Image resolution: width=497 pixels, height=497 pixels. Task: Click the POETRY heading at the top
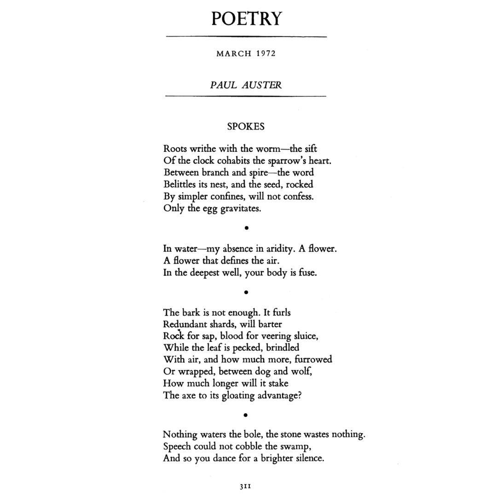[x=246, y=19]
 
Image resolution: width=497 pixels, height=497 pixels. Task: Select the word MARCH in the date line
[x=234, y=53]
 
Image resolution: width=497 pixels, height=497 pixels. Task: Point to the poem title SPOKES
[x=246, y=126]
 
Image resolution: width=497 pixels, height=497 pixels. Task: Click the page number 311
[x=245, y=485]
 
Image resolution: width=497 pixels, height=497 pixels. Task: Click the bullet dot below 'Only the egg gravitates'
[x=247, y=227]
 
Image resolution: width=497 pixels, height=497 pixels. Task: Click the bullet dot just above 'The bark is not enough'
[x=247, y=292]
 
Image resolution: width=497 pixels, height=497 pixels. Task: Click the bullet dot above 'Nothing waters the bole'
[x=246, y=415]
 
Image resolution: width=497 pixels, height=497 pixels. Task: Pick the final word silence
[x=307, y=458]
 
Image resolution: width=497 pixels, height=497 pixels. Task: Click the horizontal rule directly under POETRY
[x=246, y=36]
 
